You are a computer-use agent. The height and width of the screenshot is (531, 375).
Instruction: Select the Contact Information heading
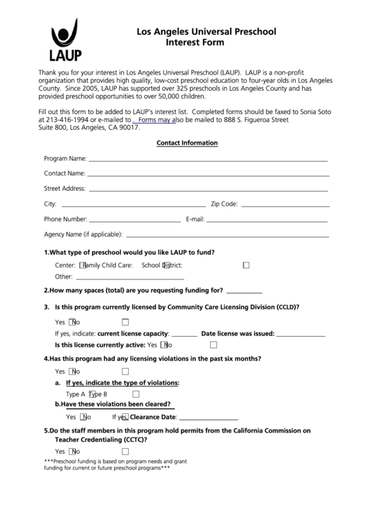coord(187,142)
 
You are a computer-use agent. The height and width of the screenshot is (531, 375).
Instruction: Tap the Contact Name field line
coord(208,175)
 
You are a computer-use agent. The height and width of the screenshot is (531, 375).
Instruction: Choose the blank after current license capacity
coord(185,335)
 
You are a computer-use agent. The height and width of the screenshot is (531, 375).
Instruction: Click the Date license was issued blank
coord(300,335)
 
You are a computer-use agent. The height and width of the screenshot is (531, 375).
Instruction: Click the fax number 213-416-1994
coord(65,120)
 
